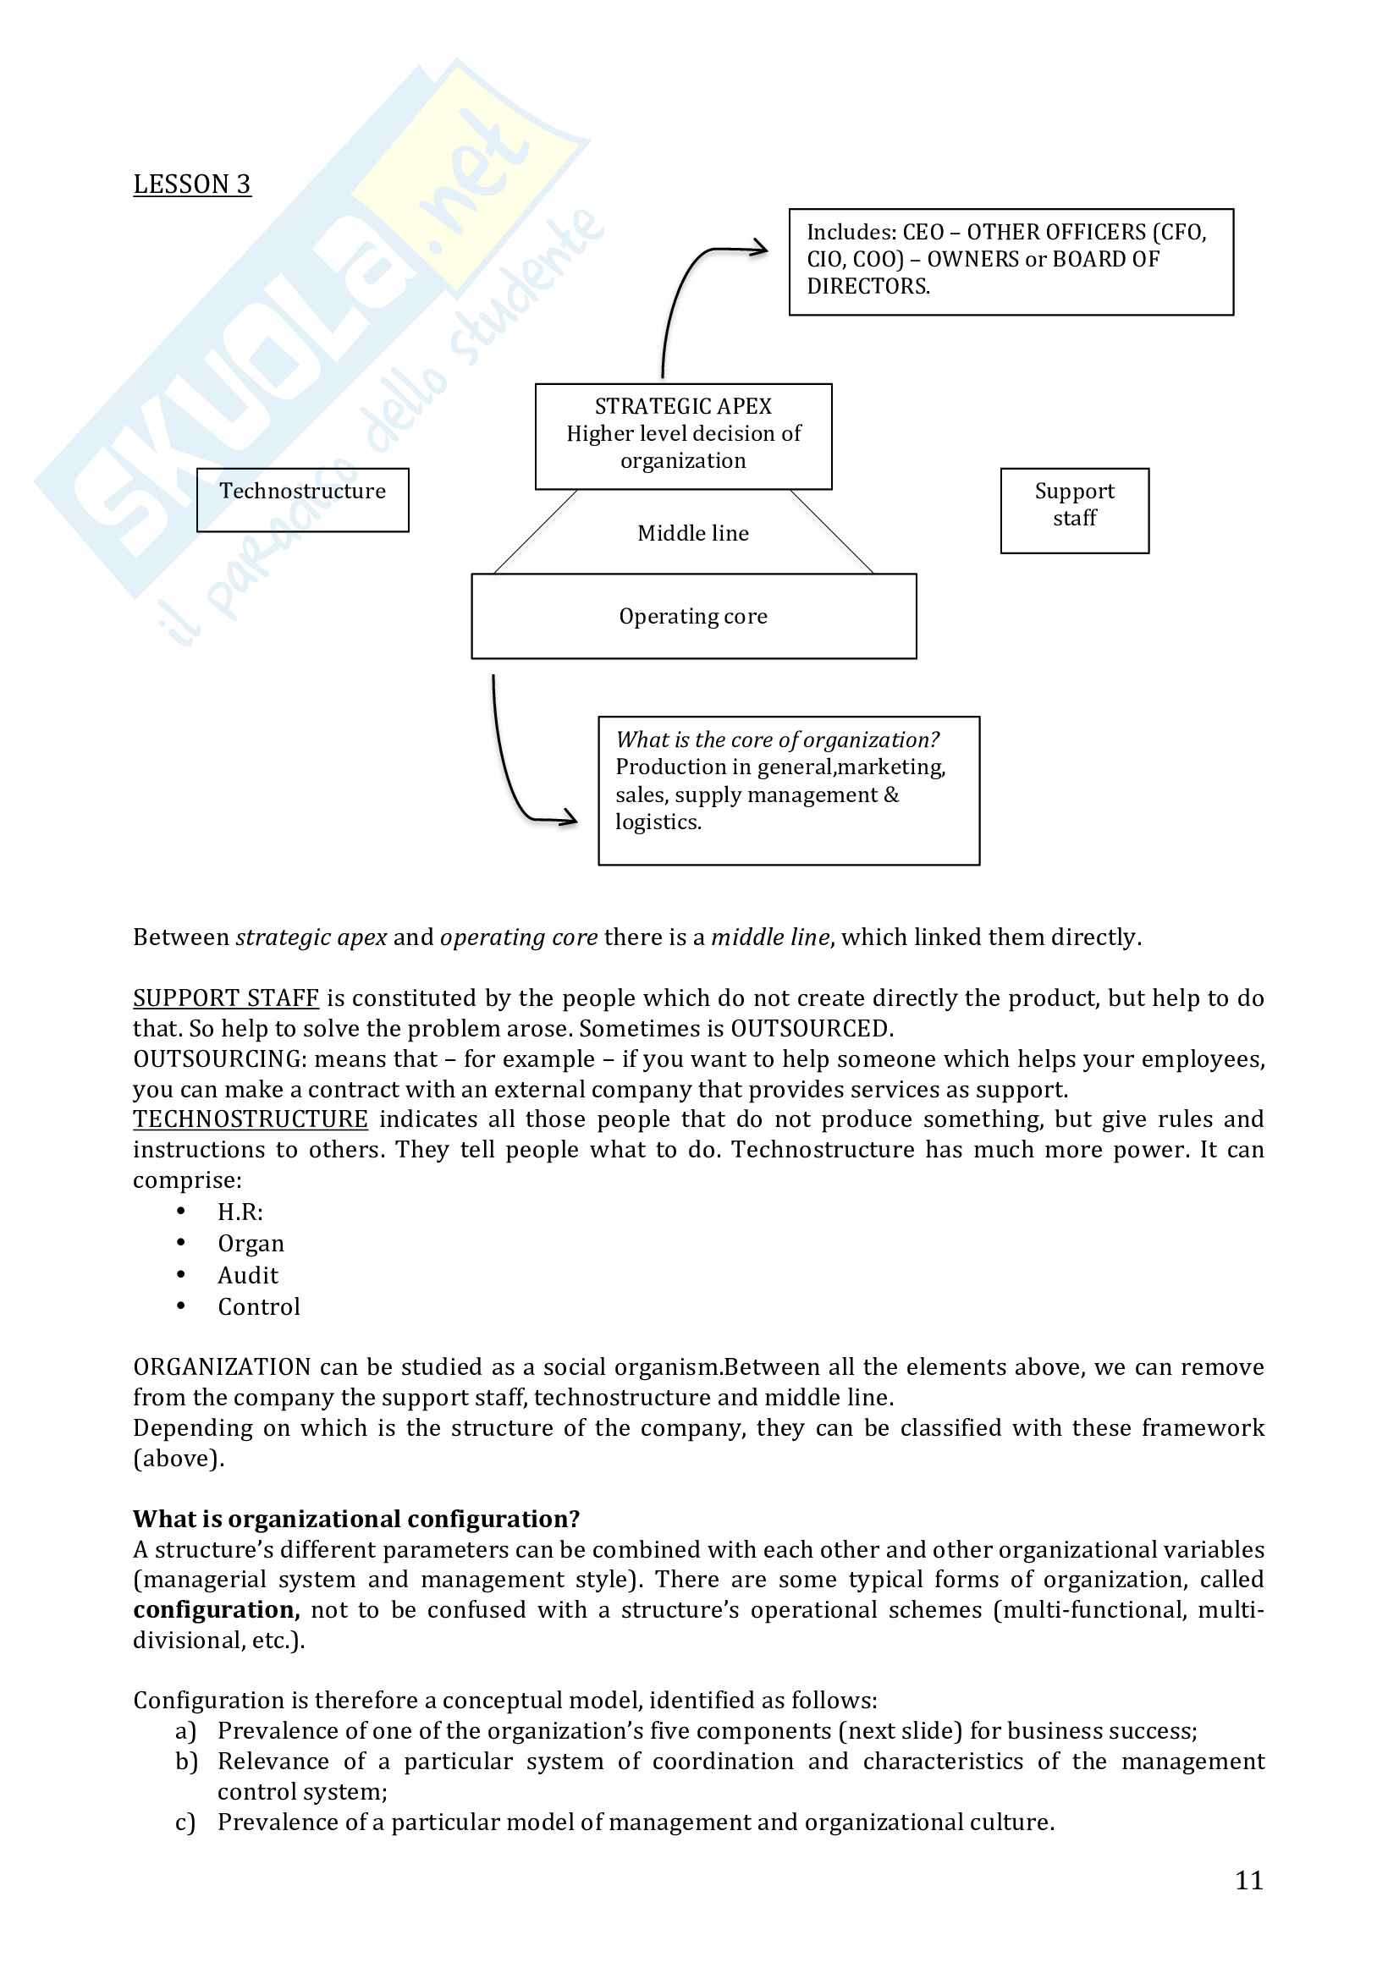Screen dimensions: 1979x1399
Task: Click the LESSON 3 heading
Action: click(191, 184)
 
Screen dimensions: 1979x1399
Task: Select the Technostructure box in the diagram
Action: click(302, 499)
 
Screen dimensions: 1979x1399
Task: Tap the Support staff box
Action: click(1074, 509)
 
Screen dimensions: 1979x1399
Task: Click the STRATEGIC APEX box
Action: click(683, 435)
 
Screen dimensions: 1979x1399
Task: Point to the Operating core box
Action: click(693, 616)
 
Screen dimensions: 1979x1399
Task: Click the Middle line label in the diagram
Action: click(693, 534)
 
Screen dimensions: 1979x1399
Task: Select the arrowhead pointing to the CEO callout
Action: click(759, 249)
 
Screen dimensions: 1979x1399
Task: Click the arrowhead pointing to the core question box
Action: click(569, 817)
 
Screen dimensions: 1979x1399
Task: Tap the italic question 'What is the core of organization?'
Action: click(777, 739)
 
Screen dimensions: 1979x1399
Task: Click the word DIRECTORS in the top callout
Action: click(868, 286)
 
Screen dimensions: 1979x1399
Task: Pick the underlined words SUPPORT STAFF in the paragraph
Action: click(226, 998)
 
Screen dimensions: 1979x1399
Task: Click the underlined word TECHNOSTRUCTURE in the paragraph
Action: click(250, 1119)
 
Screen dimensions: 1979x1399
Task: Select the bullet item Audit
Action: click(247, 1276)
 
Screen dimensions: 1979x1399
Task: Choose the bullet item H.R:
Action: click(240, 1212)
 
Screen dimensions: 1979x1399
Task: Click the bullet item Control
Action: click(259, 1306)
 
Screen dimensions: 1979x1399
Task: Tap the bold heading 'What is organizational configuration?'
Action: click(356, 1519)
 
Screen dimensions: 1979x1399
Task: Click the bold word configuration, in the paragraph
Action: click(217, 1610)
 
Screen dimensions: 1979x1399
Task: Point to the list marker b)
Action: click(186, 1762)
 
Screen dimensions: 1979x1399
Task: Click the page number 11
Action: click(1248, 1881)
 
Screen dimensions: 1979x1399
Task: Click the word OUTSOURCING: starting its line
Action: click(219, 1058)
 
